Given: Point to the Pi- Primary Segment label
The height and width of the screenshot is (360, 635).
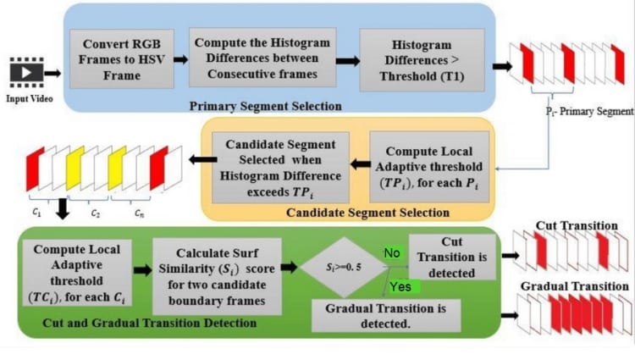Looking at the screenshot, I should click(589, 111).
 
